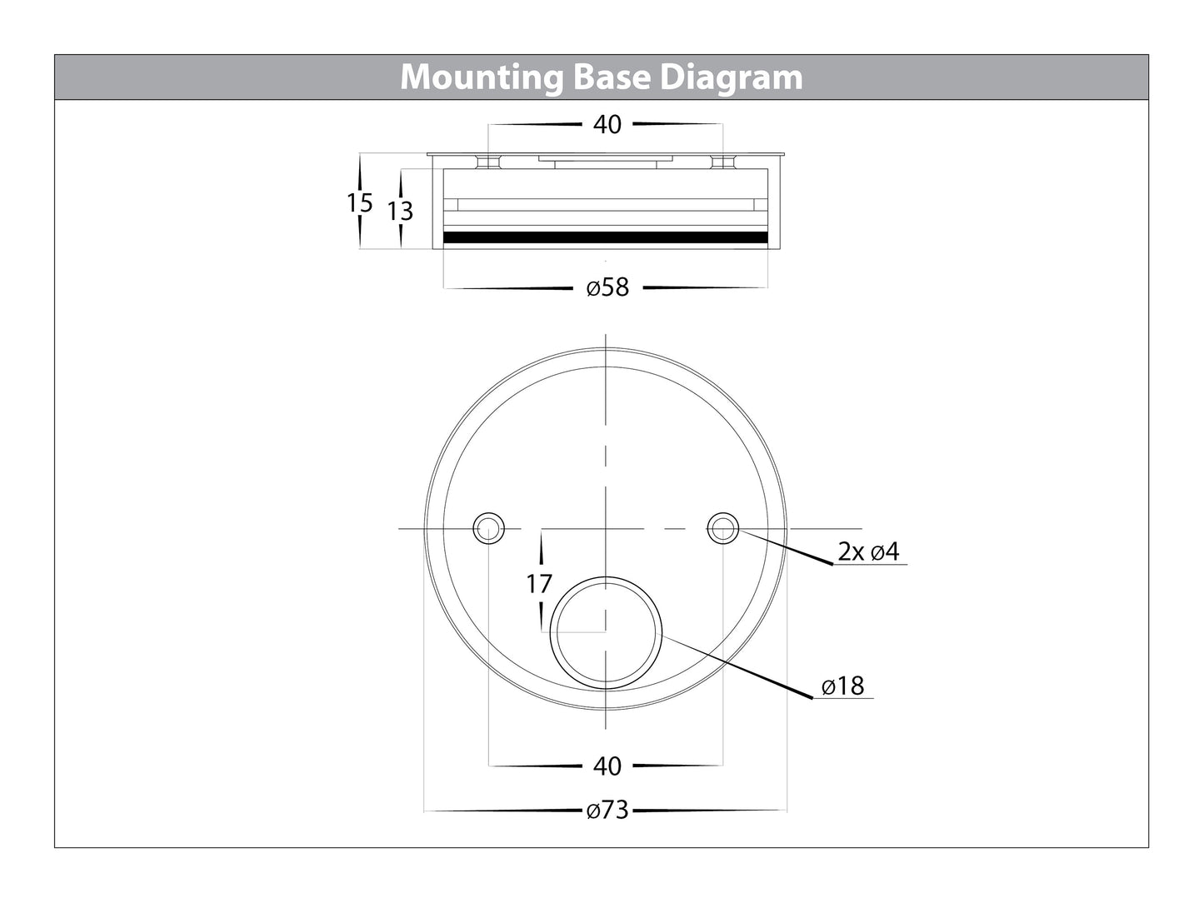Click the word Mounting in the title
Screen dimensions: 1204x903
(x=482, y=77)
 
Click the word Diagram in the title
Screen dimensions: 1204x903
(x=732, y=77)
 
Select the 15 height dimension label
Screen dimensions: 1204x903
(x=360, y=203)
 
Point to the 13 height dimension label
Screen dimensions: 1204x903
(x=400, y=211)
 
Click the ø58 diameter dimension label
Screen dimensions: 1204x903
(x=607, y=287)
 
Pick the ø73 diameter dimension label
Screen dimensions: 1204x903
(x=607, y=810)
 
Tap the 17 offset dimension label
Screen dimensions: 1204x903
(x=539, y=584)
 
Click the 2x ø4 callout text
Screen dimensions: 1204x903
(x=868, y=551)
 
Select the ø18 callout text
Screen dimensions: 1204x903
(x=843, y=686)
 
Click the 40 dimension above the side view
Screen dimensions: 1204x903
(x=607, y=124)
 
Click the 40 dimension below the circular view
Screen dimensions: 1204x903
(x=607, y=766)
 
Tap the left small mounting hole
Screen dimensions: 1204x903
(x=488, y=528)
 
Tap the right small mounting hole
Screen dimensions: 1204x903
(x=723, y=528)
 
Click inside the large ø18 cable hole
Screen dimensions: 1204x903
(x=606, y=633)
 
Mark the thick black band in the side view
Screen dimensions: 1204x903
(x=606, y=237)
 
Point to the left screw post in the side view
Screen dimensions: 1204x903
(x=488, y=162)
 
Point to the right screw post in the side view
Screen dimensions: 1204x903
(x=723, y=162)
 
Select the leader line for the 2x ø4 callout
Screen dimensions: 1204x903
(x=786, y=546)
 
